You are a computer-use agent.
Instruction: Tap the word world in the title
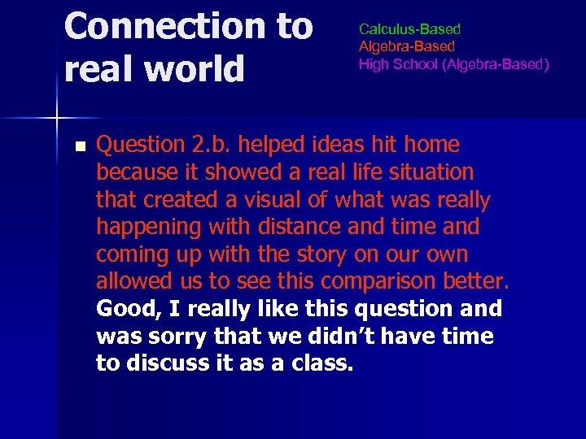pyautogui.click(x=195, y=68)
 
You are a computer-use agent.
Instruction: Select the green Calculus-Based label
pyautogui.click(x=409, y=29)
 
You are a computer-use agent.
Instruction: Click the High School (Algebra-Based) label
pyautogui.click(x=453, y=64)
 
